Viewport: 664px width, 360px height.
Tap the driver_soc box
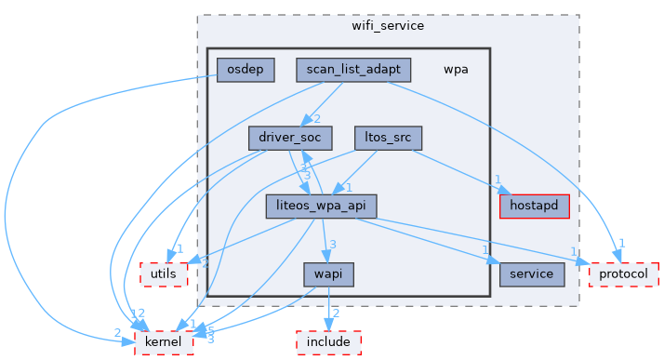pyautogui.click(x=290, y=138)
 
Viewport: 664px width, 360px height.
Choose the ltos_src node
pyautogui.click(x=388, y=138)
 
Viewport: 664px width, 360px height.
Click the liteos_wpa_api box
pyautogui.click(x=321, y=206)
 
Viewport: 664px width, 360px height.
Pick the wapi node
pyautogui.click(x=328, y=274)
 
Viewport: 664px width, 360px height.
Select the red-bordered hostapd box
pyautogui.click(x=534, y=206)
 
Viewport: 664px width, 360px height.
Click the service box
pyautogui.click(x=532, y=274)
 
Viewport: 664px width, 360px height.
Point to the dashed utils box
pyautogui.click(x=164, y=274)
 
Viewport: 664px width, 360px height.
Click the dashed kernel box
pyautogui.click(x=164, y=343)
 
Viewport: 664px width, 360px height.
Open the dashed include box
pyautogui.click(x=328, y=343)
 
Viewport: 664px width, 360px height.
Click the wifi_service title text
pyautogui.click(x=388, y=25)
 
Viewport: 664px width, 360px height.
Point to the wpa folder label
pyautogui.click(x=456, y=69)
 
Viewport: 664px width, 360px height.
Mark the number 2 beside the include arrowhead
pyautogui.click(x=336, y=313)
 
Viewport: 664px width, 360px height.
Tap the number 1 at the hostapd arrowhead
pyautogui.click(x=498, y=180)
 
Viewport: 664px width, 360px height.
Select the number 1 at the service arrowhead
pyautogui.click(x=485, y=250)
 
